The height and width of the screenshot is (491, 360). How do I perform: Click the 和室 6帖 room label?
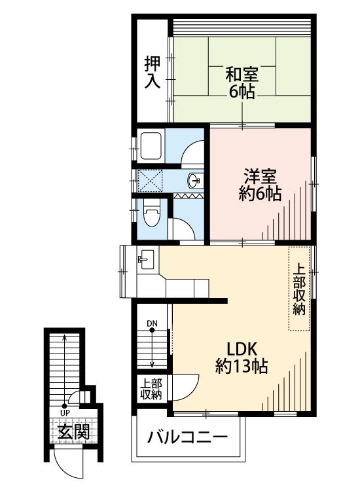point(242,83)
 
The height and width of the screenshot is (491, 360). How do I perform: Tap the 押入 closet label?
point(153,72)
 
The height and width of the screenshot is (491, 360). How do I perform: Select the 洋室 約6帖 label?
point(260,185)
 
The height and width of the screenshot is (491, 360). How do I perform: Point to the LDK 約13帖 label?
point(241,358)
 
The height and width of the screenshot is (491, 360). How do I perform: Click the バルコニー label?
point(187,437)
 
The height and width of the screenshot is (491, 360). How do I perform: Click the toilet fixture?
point(152,213)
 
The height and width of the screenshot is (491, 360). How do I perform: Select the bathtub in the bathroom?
point(151,145)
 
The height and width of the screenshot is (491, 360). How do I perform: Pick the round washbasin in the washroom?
point(194,181)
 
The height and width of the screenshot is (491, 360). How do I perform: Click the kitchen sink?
point(146,259)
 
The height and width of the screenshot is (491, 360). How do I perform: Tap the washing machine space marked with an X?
point(151,181)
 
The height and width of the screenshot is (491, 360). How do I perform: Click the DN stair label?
point(152,323)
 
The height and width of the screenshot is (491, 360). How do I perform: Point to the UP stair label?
point(65,412)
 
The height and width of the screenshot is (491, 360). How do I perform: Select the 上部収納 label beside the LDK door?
point(151,389)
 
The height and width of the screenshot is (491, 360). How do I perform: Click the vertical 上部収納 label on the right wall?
point(299,289)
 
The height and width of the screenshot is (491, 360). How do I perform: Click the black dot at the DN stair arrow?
point(152,330)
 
